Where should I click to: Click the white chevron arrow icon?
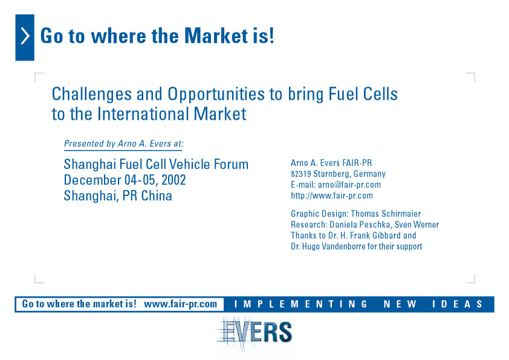(x=25, y=36)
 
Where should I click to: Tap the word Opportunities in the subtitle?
(x=216, y=94)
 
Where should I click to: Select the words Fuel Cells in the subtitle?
(x=363, y=94)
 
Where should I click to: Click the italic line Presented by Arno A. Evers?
(x=123, y=143)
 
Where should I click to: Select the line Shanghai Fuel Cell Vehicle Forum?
(x=156, y=164)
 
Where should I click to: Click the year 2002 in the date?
(x=173, y=180)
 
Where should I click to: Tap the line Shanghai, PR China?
(x=118, y=196)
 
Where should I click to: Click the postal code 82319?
(x=301, y=174)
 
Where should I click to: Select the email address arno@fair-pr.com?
(x=349, y=185)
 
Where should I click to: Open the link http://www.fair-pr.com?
(x=332, y=195)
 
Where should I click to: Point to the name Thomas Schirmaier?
(x=386, y=214)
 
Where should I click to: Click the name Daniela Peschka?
(x=360, y=224)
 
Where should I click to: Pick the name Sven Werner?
(x=417, y=224)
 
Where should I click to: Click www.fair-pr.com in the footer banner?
(x=181, y=304)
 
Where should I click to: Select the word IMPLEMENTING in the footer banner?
(x=301, y=304)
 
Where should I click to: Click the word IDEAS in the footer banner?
(x=457, y=304)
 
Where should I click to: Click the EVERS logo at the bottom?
(x=254, y=332)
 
